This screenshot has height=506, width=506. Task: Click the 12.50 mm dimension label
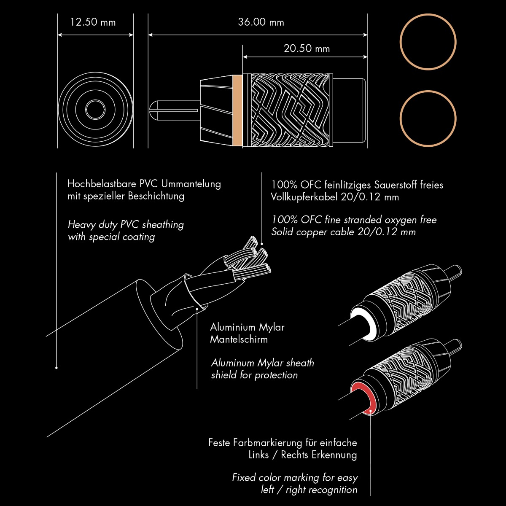(x=93, y=22)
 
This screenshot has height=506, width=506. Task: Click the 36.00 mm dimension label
(x=261, y=22)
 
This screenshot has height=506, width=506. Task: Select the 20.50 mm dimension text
(x=307, y=48)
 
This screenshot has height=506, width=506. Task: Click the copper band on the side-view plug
(x=237, y=110)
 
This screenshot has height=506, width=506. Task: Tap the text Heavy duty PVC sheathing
(x=126, y=224)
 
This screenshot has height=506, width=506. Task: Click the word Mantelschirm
(x=239, y=339)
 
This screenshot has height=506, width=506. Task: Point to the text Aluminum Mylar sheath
(x=262, y=363)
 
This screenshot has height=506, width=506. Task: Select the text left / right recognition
(x=309, y=490)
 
